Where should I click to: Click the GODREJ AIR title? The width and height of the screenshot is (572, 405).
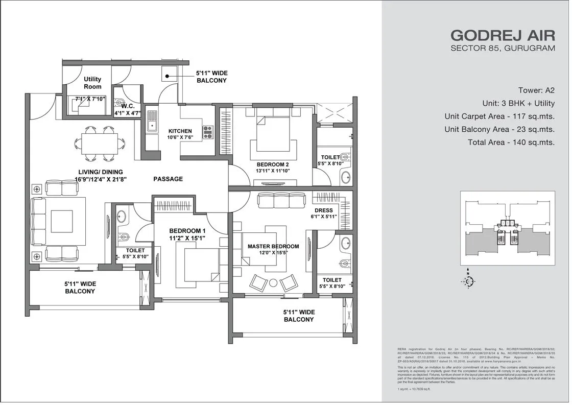(503, 35)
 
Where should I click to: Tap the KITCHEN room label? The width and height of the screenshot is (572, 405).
(180, 131)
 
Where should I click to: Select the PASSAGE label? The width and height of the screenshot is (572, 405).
(168, 179)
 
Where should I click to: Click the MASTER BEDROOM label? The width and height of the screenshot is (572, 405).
(273, 247)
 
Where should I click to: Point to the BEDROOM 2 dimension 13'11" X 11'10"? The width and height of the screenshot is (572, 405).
(273, 171)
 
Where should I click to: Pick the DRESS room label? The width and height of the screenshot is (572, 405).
(324, 210)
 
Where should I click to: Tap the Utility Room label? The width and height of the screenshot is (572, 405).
(92, 83)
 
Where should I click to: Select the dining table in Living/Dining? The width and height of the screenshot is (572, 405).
(99, 142)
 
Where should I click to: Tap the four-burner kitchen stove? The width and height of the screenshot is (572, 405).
(208, 132)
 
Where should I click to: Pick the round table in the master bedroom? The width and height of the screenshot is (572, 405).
(273, 282)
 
